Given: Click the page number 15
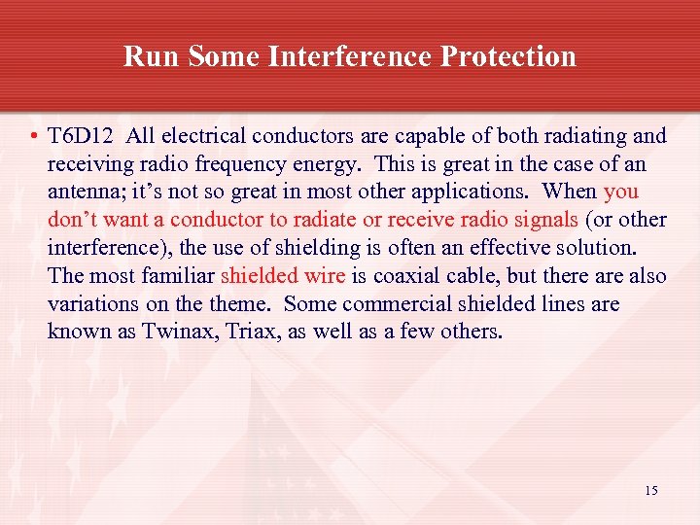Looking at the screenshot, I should click(650, 491).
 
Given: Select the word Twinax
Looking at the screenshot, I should click(180, 332).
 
